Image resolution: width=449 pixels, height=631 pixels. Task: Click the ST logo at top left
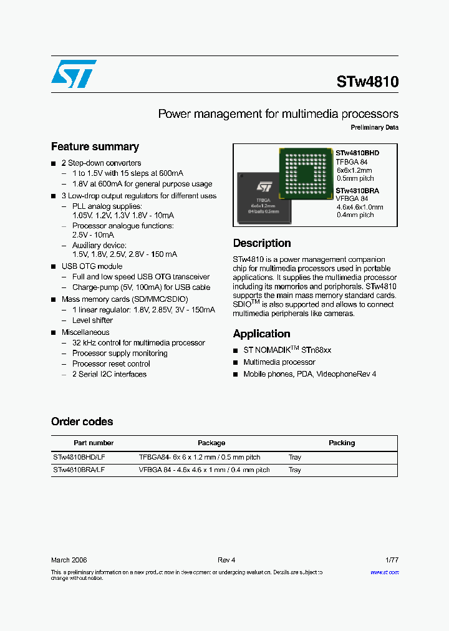tap(74, 74)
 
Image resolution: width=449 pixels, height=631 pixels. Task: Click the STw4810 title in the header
tap(367, 82)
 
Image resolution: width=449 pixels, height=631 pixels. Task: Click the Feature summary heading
tap(95, 147)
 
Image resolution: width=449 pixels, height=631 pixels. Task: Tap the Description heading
tap(262, 243)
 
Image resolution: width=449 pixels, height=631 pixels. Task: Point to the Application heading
tap(261, 334)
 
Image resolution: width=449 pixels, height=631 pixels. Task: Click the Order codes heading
tap(82, 421)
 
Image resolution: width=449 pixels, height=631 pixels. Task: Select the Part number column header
tap(94, 443)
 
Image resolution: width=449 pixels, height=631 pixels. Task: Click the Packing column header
tap(342, 443)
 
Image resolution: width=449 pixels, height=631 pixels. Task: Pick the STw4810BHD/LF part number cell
tap(79, 457)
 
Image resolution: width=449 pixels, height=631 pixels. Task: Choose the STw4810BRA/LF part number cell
tap(79, 470)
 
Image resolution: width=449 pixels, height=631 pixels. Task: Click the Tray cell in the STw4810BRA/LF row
tap(294, 470)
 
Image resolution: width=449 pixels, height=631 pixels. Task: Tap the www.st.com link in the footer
tap(384, 572)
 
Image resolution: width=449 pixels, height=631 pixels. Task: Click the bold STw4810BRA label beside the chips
tap(357, 191)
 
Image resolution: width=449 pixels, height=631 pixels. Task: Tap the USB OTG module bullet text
tap(92, 266)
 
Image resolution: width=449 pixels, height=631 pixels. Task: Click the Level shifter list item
tap(92, 320)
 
